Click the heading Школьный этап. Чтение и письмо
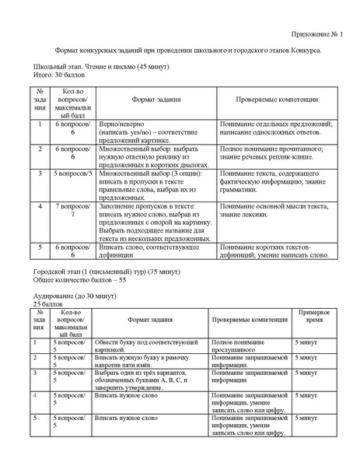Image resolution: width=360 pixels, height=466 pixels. point(101,67)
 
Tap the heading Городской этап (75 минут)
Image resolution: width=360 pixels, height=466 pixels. point(107,272)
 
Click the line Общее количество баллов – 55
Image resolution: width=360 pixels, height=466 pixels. point(79,279)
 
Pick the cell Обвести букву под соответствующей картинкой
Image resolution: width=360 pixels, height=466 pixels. point(147,345)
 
